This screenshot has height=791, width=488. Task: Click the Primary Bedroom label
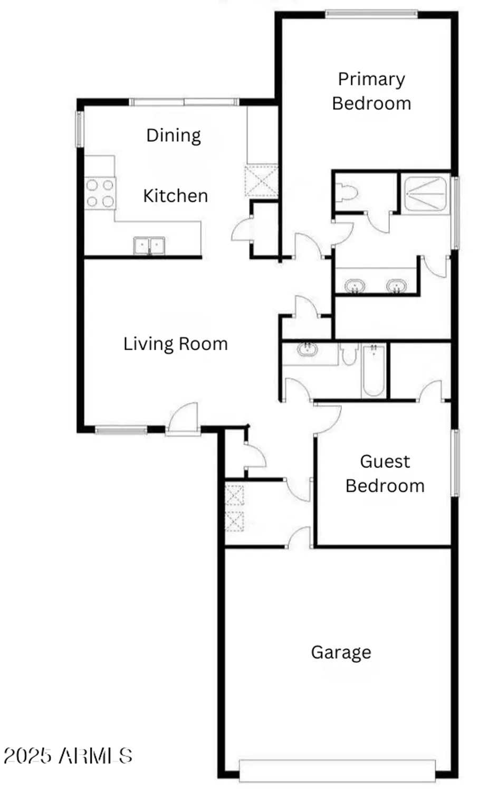(x=371, y=91)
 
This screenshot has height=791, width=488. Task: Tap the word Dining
(x=174, y=136)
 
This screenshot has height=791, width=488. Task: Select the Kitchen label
(x=175, y=196)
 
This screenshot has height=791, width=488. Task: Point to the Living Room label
(x=175, y=344)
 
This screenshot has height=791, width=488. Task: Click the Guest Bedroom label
(x=385, y=473)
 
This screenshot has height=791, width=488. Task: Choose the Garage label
(x=341, y=652)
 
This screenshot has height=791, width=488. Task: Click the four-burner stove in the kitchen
(x=100, y=193)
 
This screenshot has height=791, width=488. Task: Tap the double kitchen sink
(x=149, y=246)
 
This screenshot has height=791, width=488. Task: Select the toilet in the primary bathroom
(x=347, y=192)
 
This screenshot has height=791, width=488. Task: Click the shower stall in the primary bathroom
(x=425, y=194)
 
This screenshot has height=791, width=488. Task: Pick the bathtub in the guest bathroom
(x=373, y=370)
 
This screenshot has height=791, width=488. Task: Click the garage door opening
(x=337, y=770)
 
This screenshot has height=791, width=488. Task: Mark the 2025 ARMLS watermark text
(x=68, y=756)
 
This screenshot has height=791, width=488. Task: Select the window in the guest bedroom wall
(x=455, y=462)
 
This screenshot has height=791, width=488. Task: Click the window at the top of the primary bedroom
(x=371, y=14)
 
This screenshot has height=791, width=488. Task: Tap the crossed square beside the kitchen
(x=261, y=181)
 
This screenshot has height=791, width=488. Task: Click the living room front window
(x=121, y=430)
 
